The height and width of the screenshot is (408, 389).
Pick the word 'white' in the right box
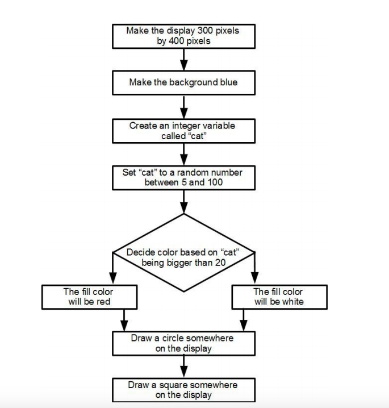click(290, 301)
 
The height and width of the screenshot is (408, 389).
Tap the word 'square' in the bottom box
click(177, 385)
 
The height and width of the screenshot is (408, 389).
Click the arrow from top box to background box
click(183, 59)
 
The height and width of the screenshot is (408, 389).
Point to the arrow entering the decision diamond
click(183, 202)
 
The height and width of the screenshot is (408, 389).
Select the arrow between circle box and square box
click(183, 365)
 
